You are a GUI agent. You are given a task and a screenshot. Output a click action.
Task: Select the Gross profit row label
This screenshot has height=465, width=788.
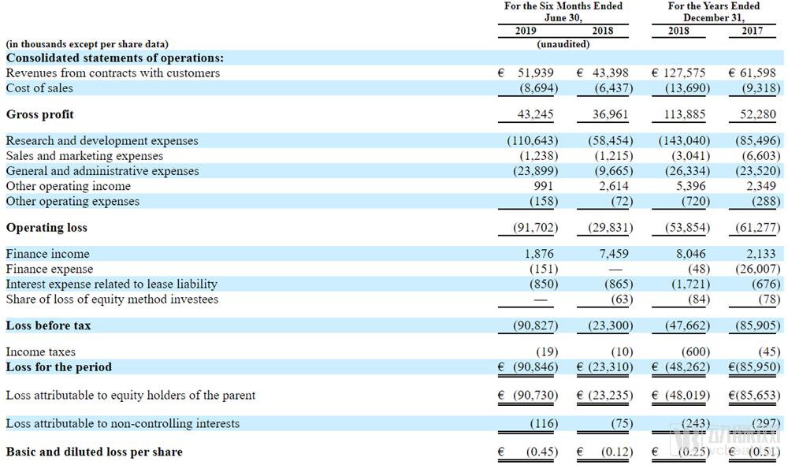(39, 114)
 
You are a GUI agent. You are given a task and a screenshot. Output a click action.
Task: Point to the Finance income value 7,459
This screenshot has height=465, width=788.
(612, 254)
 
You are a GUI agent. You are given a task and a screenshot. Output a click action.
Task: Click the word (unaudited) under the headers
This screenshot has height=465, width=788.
(563, 44)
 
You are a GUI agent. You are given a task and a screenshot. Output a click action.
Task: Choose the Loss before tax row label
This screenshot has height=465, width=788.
(48, 325)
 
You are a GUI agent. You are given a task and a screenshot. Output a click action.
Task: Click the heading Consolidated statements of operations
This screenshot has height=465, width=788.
(115, 58)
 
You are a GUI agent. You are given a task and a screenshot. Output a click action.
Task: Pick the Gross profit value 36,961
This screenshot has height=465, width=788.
(611, 114)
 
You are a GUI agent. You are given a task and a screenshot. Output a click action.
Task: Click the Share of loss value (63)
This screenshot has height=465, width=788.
(621, 299)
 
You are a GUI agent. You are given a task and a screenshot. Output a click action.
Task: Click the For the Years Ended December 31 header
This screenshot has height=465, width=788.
(714, 11)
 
